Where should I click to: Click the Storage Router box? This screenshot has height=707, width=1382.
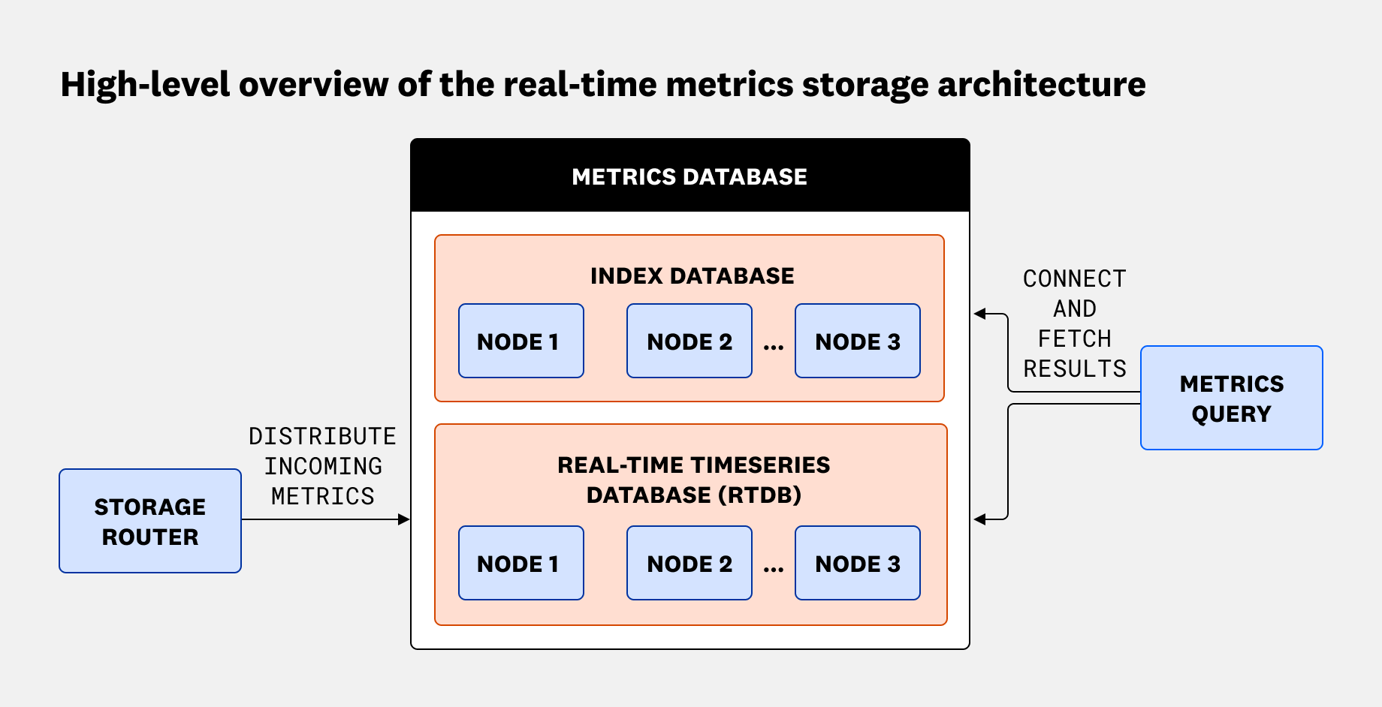[150, 521]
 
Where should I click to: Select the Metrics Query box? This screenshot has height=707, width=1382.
[1231, 398]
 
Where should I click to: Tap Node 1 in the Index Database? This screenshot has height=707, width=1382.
[521, 341]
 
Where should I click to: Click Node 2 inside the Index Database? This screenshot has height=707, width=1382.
[689, 341]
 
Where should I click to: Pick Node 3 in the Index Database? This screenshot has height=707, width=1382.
[857, 341]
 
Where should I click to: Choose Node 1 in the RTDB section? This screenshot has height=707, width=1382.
[521, 563]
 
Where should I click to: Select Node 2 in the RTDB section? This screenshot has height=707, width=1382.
[689, 563]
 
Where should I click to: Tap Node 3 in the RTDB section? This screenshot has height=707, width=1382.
[857, 563]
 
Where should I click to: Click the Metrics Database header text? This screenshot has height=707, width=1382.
[689, 176]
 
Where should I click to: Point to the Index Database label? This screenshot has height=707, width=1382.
[692, 275]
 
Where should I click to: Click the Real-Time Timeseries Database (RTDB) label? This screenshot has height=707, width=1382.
[693, 480]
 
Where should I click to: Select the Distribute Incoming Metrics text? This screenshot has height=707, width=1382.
[322, 466]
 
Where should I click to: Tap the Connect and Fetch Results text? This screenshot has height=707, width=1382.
[1074, 323]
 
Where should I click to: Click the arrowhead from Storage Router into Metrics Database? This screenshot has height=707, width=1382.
[404, 519]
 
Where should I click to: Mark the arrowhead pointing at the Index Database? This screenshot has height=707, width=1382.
[979, 314]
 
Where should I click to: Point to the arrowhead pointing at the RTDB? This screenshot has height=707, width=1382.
[979, 519]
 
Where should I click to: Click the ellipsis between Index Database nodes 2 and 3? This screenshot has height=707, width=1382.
[774, 347]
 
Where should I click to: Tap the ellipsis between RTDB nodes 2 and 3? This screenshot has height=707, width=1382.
[774, 569]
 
